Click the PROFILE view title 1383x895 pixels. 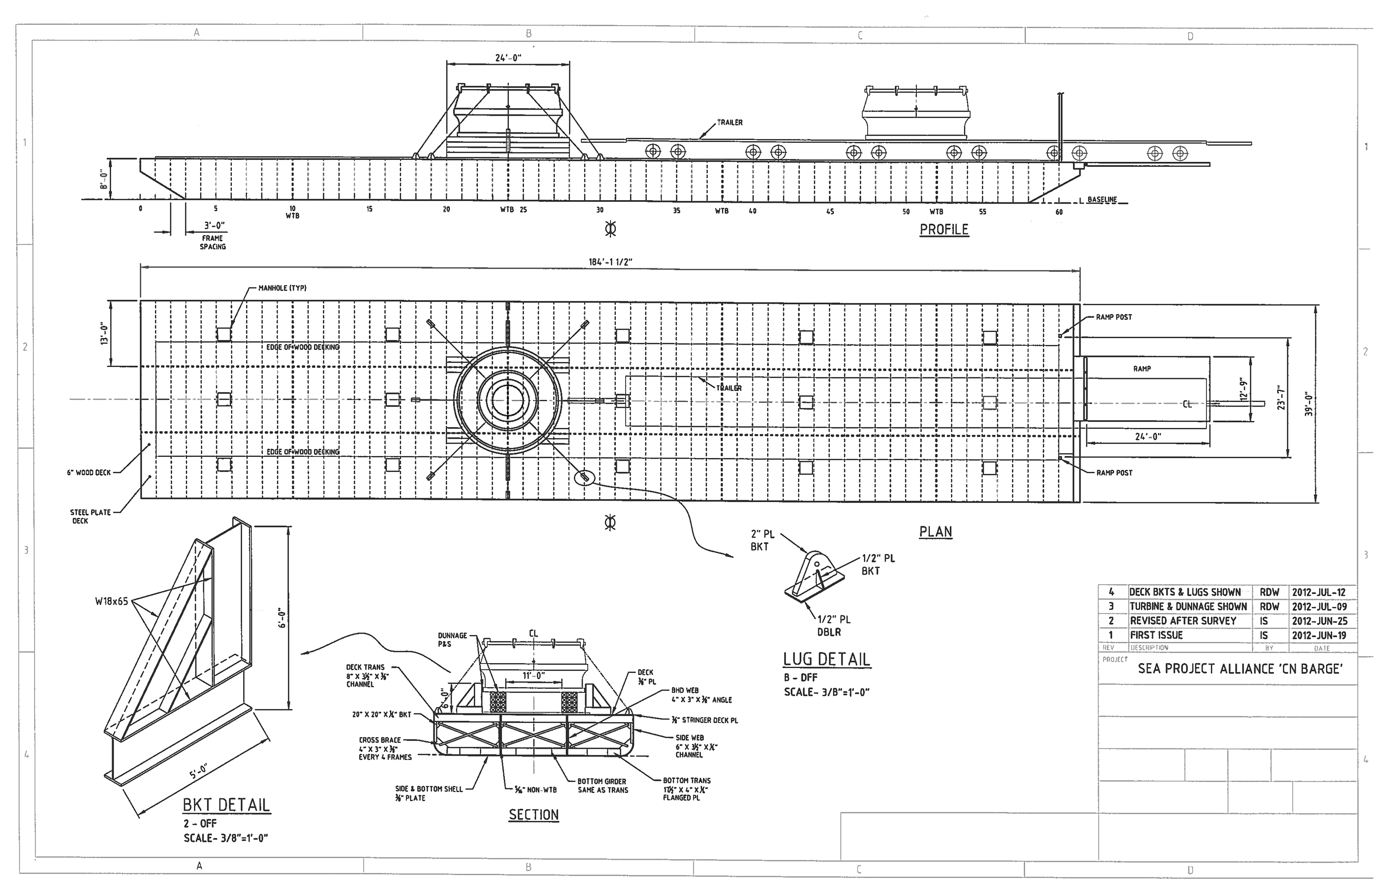point(944,230)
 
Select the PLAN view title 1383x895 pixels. point(935,532)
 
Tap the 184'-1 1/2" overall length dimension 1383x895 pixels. point(610,262)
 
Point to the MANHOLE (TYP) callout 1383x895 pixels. point(283,288)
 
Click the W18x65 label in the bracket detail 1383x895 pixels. point(112,602)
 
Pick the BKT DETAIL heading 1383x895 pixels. point(226,805)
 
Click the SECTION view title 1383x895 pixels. point(533,815)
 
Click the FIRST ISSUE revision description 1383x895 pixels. point(1156,635)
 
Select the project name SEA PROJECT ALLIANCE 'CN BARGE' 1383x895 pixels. point(1240,669)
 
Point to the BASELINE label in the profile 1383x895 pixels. point(1102,199)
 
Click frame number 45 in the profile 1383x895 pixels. point(830,212)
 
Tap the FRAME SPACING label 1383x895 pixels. point(213,243)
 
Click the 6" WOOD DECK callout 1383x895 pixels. point(89,473)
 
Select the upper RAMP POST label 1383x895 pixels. point(1114,317)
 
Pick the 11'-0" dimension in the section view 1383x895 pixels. point(533,676)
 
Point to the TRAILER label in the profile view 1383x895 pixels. point(730,123)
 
